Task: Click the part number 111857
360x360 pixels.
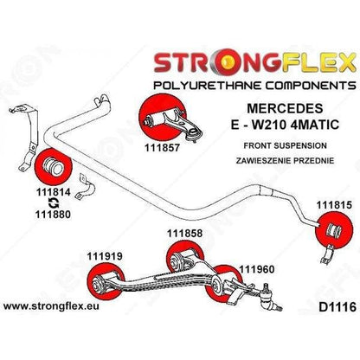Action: tap(162, 148)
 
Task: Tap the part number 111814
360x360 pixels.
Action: tap(54, 192)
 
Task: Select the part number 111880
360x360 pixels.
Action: tap(53, 215)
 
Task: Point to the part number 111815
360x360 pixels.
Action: tap(334, 205)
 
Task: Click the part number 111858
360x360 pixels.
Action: tap(185, 234)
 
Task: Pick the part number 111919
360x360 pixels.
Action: tap(105, 256)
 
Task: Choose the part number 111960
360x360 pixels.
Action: tap(256, 270)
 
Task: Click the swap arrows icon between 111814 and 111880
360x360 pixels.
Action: tap(54, 203)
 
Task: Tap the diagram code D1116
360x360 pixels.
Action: tap(337, 307)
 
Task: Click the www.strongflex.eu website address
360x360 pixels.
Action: tap(51, 306)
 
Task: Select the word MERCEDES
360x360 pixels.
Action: tap(285, 108)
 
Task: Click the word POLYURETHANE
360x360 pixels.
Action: tap(208, 86)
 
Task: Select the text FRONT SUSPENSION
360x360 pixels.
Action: tap(285, 145)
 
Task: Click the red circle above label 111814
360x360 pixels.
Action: tap(53, 166)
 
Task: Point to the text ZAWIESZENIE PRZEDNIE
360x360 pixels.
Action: tap(285, 160)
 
